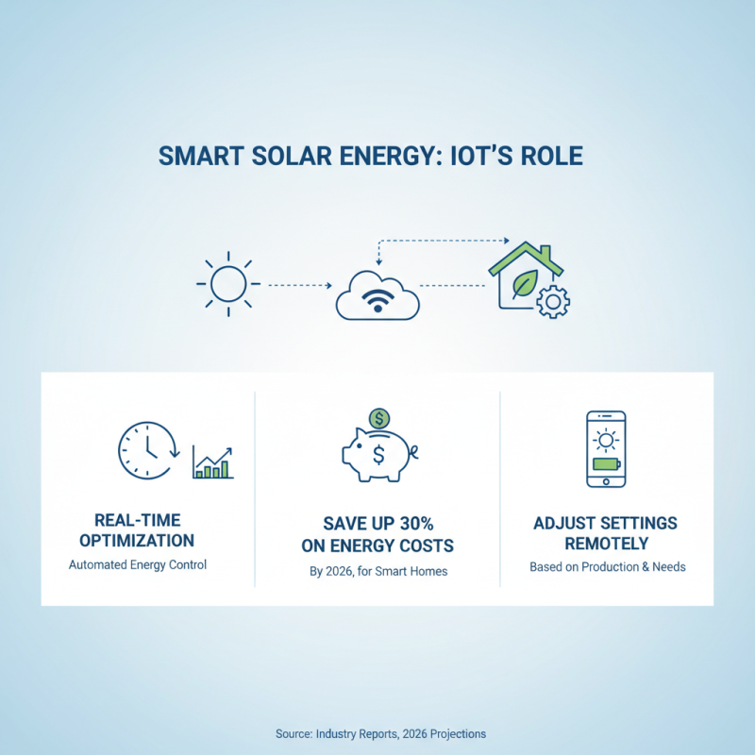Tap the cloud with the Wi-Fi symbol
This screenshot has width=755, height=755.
pyautogui.click(x=377, y=294)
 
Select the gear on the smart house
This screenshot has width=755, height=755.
pyautogui.click(x=552, y=302)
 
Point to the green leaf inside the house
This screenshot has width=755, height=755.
pyautogui.click(x=522, y=282)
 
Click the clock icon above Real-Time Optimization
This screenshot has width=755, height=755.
pyautogui.click(x=147, y=450)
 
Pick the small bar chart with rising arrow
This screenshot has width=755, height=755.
pyautogui.click(x=212, y=462)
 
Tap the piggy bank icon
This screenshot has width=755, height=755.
pyautogui.click(x=378, y=458)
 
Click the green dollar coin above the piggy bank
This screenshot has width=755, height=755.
pyautogui.click(x=378, y=417)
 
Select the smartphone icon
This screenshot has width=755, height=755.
pyautogui.click(x=606, y=448)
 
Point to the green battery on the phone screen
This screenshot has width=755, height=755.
pyautogui.click(x=606, y=463)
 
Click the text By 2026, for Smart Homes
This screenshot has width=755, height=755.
pyautogui.click(x=377, y=570)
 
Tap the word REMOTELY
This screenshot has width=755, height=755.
pyautogui.click(x=606, y=545)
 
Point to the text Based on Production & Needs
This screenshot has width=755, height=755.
pyautogui.click(x=606, y=567)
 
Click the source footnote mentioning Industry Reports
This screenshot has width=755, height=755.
pyautogui.click(x=380, y=733)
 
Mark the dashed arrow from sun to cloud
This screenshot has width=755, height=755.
pyautogui.click(x=298, y=284)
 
